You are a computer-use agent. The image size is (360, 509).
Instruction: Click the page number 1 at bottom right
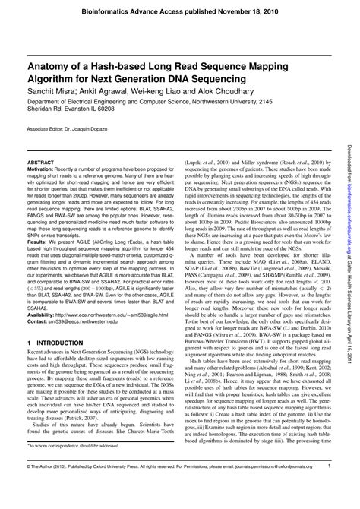[x=329, y=487]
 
